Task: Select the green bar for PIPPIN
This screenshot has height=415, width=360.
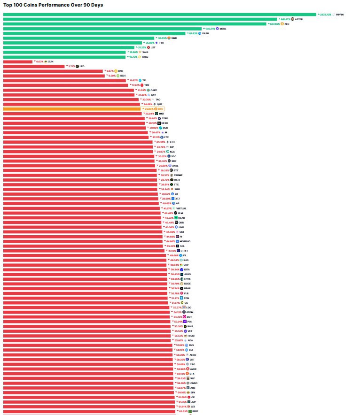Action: coord(160,15)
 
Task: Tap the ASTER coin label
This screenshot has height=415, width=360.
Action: coord(299,19)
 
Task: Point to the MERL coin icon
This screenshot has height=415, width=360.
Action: coord(217,29)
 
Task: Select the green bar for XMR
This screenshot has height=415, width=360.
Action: coord(79,38)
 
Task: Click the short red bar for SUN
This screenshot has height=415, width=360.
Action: coord(18,61)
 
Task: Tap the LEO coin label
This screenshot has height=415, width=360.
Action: coord(82,66)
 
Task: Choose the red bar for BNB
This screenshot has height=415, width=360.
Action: coord(53,71)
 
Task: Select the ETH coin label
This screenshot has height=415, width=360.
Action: coord(172,142)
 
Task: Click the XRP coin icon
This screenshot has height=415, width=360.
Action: coord(169,161)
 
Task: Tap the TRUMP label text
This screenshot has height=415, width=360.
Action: coord(178,175)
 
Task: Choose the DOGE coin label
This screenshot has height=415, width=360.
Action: coord(188,284)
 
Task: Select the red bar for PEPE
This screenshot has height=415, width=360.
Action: coord(88,411)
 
